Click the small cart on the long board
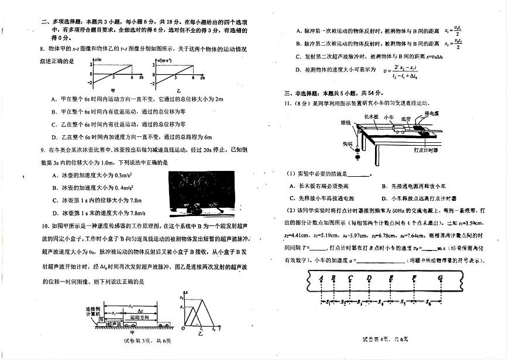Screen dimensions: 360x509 click(x=398, y=129)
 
